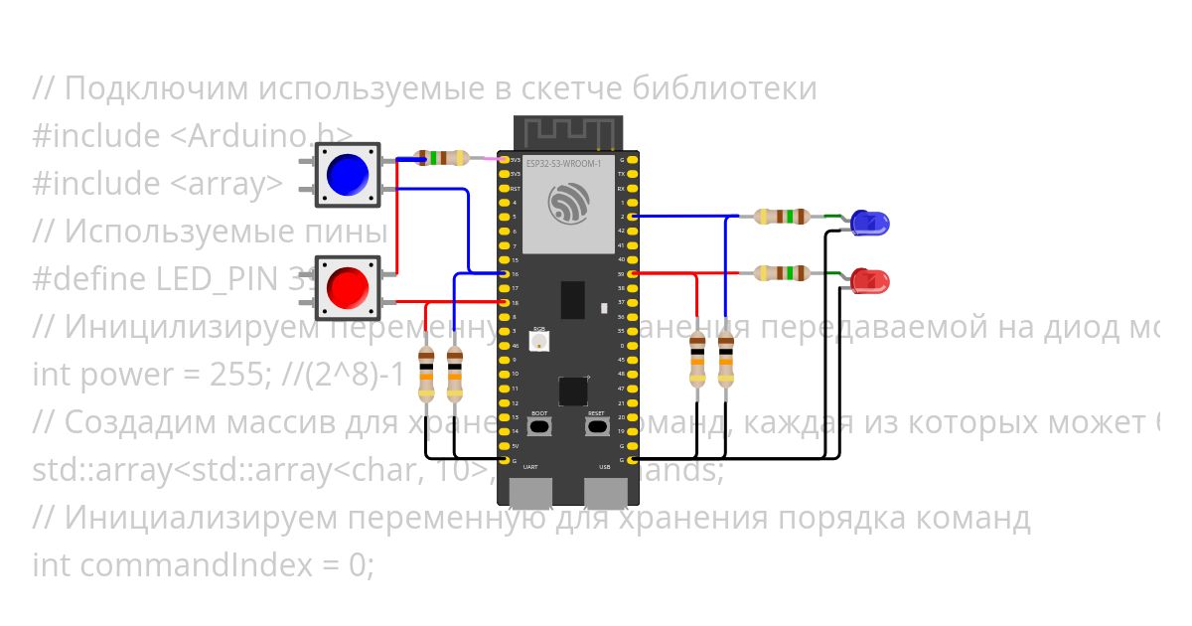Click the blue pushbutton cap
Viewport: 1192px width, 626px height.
pyautogui.click(x=348, y=174)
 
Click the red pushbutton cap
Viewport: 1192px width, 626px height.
pyautogui.click(x=348, y=287)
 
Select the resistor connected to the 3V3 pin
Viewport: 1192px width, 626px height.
pyautogui.click(x=442, y=158)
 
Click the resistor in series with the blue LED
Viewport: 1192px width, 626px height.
pyautogui.click(x=783, y=216)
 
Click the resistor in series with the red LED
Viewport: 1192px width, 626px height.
pyautogui.click(x=783, y=272)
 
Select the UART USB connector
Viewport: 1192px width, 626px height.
pyautogui.click(x=531, y=494)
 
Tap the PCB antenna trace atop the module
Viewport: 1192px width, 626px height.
pyautogui.click(x=567, y=130)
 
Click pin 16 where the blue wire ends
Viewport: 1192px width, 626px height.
pyautogui.click(x=504, y=273)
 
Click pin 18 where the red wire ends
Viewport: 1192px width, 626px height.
pyautogui.click(x=504, y=302)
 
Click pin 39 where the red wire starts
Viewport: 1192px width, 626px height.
pyautogui.click(x=633, y=273)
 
